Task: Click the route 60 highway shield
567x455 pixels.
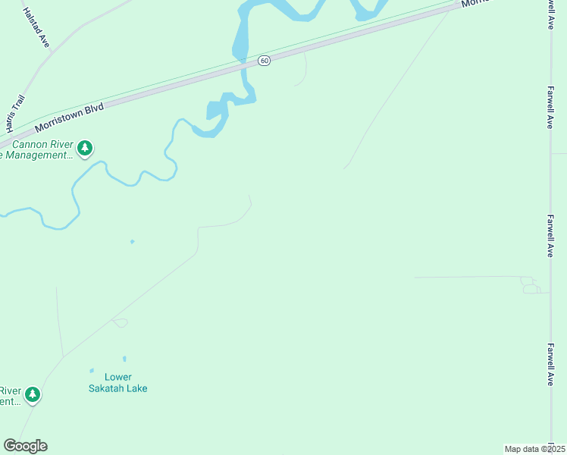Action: (x=263, y=60)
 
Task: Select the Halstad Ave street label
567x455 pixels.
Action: (x=36, y=28)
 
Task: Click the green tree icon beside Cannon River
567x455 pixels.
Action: (x=86, y=148)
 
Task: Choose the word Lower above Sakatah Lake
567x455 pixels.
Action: (x=118, y=377)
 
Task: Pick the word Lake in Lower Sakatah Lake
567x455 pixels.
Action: (x=138, y=388)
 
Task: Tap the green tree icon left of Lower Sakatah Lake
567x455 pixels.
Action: (x=32, y=394)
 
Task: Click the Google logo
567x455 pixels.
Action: (x=25, y=446)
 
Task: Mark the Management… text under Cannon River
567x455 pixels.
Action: (x=36, y=155)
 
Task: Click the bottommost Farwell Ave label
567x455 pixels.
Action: (x=550, y=364)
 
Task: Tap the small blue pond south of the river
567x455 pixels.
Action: (x=132, y=242)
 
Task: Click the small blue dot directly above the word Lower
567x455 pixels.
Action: (x=124, y=359)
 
